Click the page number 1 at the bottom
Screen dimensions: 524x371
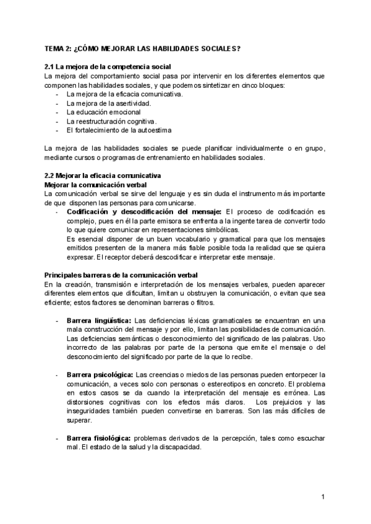[x=323, y=497]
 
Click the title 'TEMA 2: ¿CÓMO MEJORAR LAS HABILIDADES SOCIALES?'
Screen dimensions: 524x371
[x=143, y=48]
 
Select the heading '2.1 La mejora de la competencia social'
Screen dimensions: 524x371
[x=108, y=66]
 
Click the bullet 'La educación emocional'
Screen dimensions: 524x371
[x=103, y=112]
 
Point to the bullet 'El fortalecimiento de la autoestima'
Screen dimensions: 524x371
[x=119, y=130]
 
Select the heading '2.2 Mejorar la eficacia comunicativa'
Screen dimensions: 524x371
[x=103, y=175]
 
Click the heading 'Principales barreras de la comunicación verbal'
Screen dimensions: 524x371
[x=121, y=275]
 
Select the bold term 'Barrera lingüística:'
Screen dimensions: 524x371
[x=98, y=321]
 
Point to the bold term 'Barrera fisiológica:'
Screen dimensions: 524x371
[x=99, y=438]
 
